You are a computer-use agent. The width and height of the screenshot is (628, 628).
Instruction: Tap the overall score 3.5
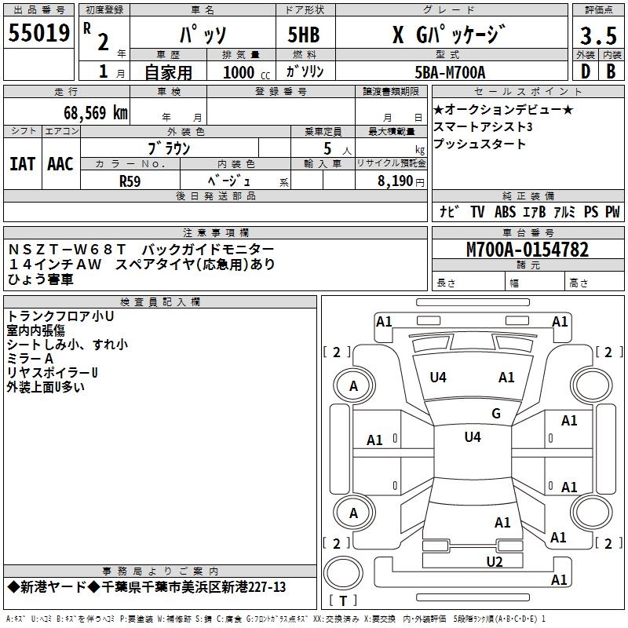[x=597, y=36]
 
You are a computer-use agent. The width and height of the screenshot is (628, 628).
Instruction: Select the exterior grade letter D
[x=585, y=71]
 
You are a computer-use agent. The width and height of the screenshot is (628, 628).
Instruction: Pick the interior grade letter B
[x=611, y=71]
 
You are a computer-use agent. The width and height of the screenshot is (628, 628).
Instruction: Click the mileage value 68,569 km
[x=89, y=112]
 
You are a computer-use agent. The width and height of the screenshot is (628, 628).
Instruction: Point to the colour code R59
[x=130, y=180]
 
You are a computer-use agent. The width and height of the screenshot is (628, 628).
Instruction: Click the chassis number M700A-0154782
[x=527, y=250]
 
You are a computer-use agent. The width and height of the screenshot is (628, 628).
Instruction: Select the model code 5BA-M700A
[x=451, y=72]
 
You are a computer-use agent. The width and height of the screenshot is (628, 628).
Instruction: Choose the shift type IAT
[x=22, y=164]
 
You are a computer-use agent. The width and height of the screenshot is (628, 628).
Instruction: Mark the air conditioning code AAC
[x=60, y=164]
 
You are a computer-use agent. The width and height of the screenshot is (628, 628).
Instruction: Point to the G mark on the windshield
[x=495, y=414]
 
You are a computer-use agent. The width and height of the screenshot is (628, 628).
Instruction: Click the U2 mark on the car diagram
[x=494, y=561]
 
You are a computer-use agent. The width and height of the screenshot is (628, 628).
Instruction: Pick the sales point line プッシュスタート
[x=480, y=144]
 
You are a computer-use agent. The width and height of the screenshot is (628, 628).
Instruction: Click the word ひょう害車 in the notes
[x=41, y=279]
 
